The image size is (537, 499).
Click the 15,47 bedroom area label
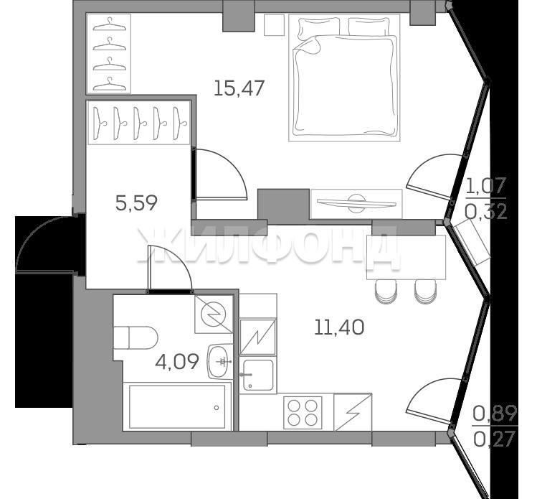[x=239, y=88]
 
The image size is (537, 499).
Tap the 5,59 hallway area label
[x=136, y=202]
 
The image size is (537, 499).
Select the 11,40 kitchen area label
[x=339, y=327]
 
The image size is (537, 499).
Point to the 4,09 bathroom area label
[x=176, y=362]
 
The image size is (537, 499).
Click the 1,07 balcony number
[x=485, y=186]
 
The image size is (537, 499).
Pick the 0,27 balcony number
[x=495, y=439]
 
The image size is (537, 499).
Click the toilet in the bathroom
[x=136, y=337]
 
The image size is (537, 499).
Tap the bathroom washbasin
[x=220, y=361]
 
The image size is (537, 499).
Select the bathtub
[x=177, y=407]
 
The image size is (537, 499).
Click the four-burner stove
[x=303, y=412]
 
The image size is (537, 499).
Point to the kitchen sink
[x=258, y=376]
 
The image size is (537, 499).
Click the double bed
[x=344, y=78]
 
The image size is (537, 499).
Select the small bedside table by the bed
[x=275, y=24]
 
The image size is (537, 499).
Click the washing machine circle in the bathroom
[x=214, y=314]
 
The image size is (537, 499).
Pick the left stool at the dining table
[x=386, y=292]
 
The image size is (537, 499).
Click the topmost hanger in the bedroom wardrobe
[x=108, y=25]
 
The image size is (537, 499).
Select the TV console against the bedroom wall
[x=356, y=204]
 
